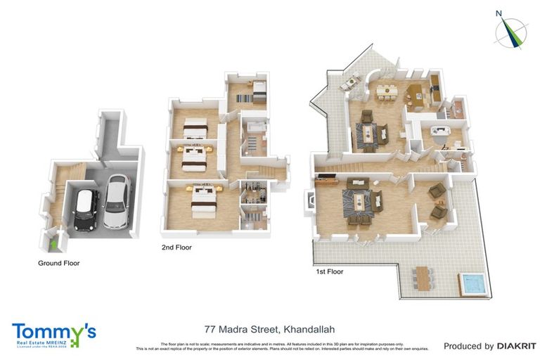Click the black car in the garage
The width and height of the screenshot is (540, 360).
[86, 209]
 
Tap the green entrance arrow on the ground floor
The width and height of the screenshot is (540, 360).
[56, 243]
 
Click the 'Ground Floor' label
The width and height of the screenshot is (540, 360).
[58, 264]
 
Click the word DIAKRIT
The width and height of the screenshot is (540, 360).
[517, 346]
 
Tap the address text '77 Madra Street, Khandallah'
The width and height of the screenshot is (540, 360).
[269, 328]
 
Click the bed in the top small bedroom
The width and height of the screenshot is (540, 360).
[254, 90]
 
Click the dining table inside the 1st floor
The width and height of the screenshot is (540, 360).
[387, 91]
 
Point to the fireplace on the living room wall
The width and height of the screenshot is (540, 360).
[308, 201]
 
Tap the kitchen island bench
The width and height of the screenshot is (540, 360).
[415, 95]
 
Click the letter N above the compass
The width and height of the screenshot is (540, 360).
[499, 13]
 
